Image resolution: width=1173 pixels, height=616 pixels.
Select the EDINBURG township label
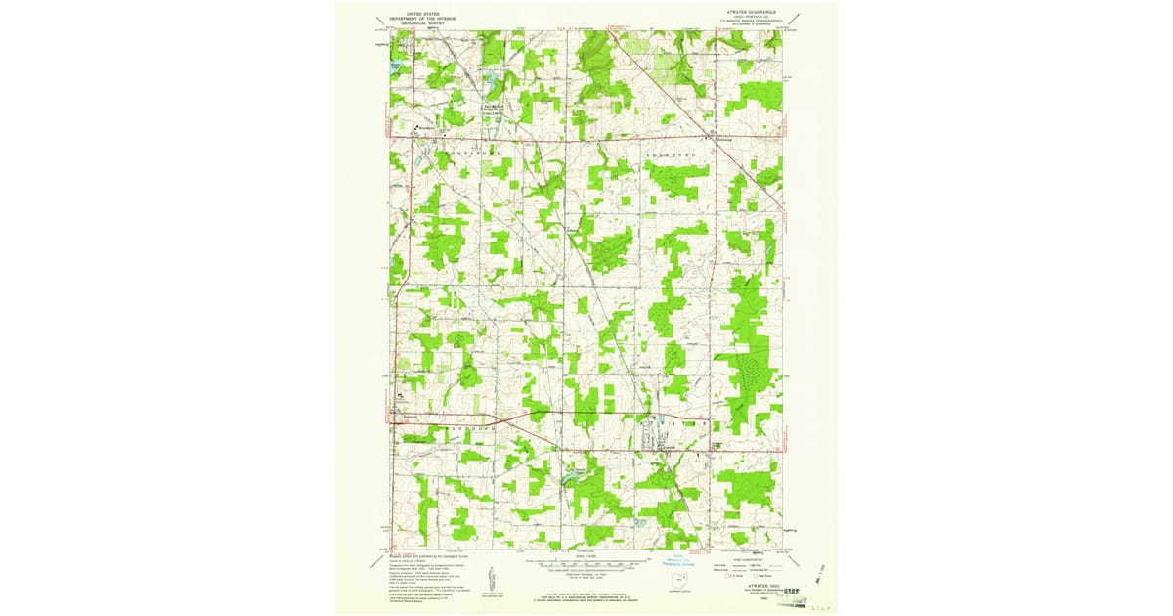(670, 154)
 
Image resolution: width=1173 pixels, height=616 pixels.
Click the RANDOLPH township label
(468, 427)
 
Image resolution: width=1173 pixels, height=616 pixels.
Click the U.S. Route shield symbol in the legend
(723, 580)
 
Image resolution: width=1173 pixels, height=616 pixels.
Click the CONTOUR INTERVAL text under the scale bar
(586, 575)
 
